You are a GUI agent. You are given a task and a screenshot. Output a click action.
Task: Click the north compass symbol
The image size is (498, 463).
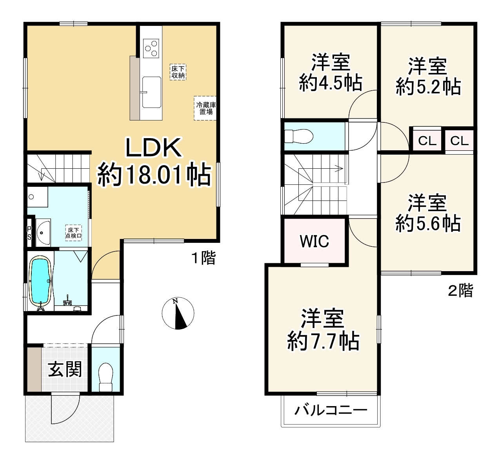(x=178, y=313)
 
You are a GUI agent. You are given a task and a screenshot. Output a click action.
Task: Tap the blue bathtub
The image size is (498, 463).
(x=40, y=281)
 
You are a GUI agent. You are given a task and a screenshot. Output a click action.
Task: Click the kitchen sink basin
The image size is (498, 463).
(x=151, y=92)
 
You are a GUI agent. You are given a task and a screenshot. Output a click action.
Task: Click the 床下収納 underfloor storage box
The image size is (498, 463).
(x=178, y=72)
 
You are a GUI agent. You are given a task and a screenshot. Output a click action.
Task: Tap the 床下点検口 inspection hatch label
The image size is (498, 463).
(x=73, y=233)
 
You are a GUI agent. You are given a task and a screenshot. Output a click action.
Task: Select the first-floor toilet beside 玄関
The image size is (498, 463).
(x=105, y=376)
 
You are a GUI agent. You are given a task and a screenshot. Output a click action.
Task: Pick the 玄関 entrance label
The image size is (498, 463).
(x=65, y=369)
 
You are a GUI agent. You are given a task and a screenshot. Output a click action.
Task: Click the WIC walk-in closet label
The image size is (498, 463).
(x=314, y=241)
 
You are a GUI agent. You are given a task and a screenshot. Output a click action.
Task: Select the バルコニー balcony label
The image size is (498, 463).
(x=331, y=410)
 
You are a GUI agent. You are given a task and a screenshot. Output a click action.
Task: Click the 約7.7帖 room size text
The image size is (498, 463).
(x=323, y=341)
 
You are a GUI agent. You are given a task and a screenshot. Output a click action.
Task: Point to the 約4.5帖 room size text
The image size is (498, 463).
(x=330, y=83)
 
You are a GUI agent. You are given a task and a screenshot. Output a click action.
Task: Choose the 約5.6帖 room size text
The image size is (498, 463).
(x=428, y=224)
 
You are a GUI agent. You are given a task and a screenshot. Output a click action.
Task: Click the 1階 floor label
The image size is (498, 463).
(x=203, y=258)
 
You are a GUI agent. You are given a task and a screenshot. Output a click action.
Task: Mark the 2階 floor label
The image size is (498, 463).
(x=460, y=291)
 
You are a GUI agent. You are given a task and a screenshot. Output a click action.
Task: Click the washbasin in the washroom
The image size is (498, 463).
(x=43, y=232)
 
